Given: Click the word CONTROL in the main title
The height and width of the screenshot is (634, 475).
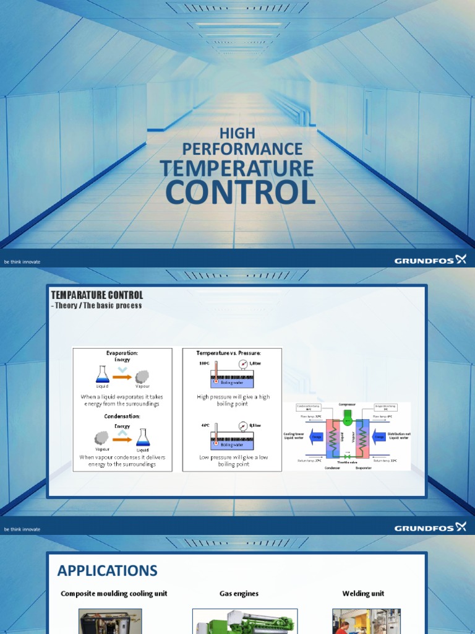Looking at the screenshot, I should point(240,193).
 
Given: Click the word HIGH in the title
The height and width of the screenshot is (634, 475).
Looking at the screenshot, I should point(237,133).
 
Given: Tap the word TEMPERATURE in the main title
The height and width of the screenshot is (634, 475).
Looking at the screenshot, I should point(237,168).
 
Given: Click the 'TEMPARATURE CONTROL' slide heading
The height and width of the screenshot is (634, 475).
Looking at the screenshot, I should point(96,295).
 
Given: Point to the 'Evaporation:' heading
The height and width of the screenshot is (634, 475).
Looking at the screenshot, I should point(122,353).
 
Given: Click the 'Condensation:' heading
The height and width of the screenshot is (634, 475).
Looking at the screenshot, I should point(122,417).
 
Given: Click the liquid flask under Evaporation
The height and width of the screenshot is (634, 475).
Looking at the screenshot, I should point(103,375).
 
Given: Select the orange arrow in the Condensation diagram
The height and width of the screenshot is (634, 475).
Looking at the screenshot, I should point(122,439).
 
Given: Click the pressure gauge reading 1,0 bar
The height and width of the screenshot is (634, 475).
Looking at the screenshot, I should point(242,364).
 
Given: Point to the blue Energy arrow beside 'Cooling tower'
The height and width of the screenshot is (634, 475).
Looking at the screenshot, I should point(317,436).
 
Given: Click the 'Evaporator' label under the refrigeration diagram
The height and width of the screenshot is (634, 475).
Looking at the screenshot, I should point(364,468).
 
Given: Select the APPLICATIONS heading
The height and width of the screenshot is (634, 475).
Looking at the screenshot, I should point(108,570).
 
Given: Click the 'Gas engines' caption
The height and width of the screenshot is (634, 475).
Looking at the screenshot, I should point(239,593).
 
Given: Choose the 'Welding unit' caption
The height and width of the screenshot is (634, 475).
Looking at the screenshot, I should point(363,593).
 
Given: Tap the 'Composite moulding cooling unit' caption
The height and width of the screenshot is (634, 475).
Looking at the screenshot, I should point(114,593).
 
